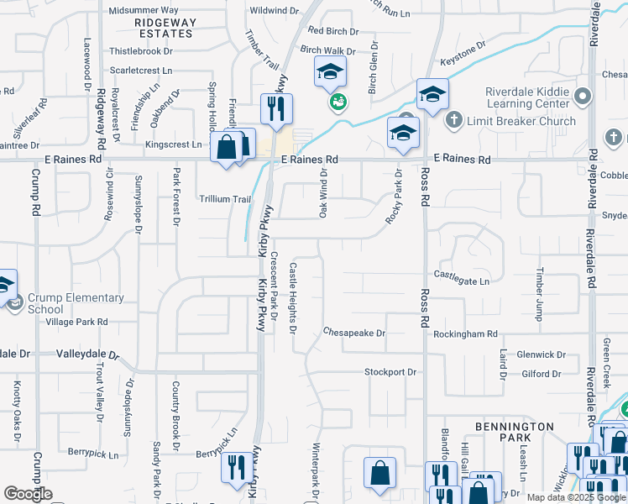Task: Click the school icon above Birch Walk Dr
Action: coord(330,72)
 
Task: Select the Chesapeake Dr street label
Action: coord(354,333)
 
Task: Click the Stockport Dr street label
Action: coord(390,371)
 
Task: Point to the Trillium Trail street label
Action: coord(224,199)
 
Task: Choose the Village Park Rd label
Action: coord(77,322)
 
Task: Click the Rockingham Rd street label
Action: coord(466,333)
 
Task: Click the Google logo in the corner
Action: coord(28,493)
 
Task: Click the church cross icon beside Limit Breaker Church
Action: coord(454,121)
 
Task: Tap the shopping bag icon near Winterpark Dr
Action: coord(379,472)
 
